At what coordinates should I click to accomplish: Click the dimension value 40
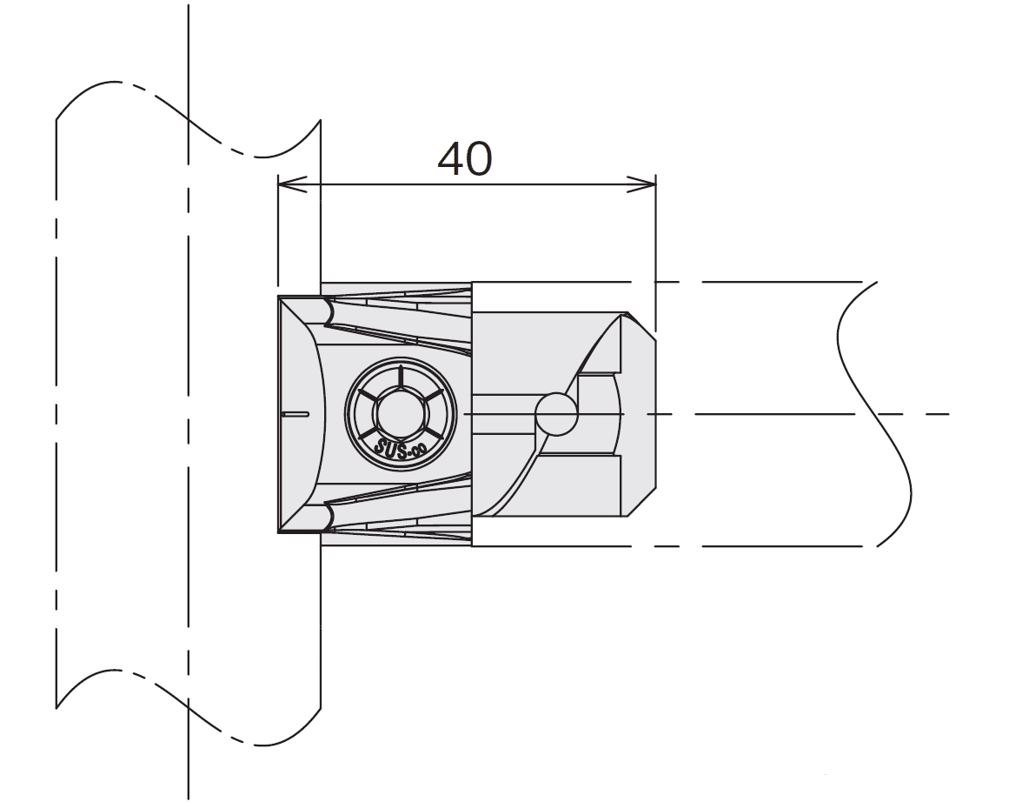[x=464, y=159]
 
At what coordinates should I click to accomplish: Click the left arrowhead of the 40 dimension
[x=287, y=184]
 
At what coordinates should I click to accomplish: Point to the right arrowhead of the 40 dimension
[x=647, y=184]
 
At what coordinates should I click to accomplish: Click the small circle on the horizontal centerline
[x=557, y=414]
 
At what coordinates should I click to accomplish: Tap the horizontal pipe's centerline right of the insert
[x=782, y=414]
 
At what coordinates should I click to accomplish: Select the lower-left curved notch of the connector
[x=330, y=518]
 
